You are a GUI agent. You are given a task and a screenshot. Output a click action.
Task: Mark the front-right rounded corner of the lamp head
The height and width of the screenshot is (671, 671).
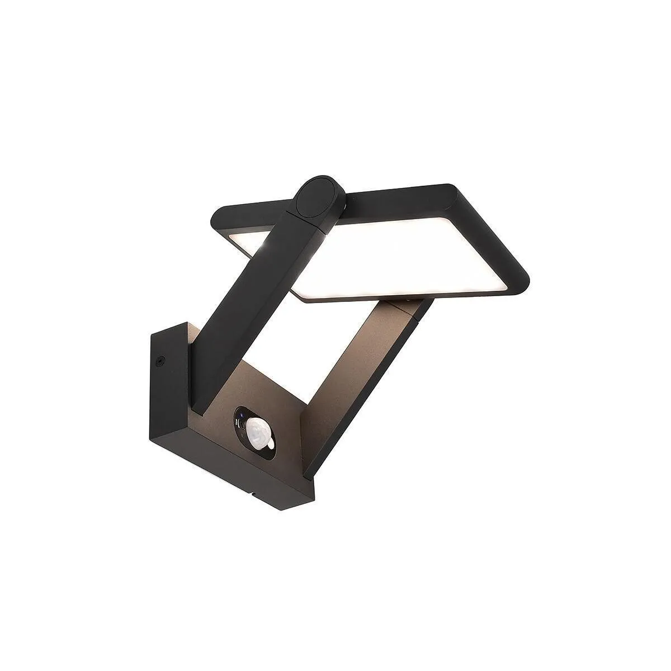517,280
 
